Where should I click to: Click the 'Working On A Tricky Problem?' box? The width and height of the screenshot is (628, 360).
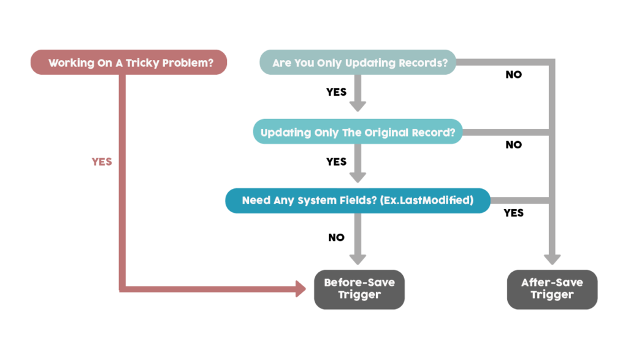coord(129,62)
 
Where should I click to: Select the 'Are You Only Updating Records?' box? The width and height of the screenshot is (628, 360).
coord(358,62)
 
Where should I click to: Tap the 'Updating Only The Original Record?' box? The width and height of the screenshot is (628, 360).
coord(358,131)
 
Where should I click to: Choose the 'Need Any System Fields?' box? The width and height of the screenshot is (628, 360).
coord(358,201)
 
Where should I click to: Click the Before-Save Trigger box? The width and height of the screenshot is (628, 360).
coord(359,289)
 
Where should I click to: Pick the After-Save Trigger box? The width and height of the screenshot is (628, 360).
coord(552,289)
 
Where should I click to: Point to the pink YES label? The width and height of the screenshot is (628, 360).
coord(102,162)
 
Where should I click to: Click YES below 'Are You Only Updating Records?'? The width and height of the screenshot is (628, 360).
coord(337,92)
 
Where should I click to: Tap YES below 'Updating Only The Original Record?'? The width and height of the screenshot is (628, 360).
coord(337,162)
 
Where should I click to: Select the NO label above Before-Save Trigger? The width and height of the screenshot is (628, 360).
coord(337,237)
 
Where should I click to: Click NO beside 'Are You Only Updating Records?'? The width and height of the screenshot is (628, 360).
coord(513,74)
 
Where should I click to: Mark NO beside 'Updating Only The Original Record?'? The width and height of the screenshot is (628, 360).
coord(513,145)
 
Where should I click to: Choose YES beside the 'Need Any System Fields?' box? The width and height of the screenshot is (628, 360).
coord(513,213)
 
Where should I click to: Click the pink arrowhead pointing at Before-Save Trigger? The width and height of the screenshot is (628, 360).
coord(301,289)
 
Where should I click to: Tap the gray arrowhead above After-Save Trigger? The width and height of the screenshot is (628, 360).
coord(552,259)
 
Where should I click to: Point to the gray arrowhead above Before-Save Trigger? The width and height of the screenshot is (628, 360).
coord(358,259)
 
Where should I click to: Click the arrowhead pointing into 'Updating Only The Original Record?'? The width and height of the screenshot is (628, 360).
coord(358,107)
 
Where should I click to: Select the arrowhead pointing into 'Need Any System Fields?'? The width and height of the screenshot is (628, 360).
coord(358,177)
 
